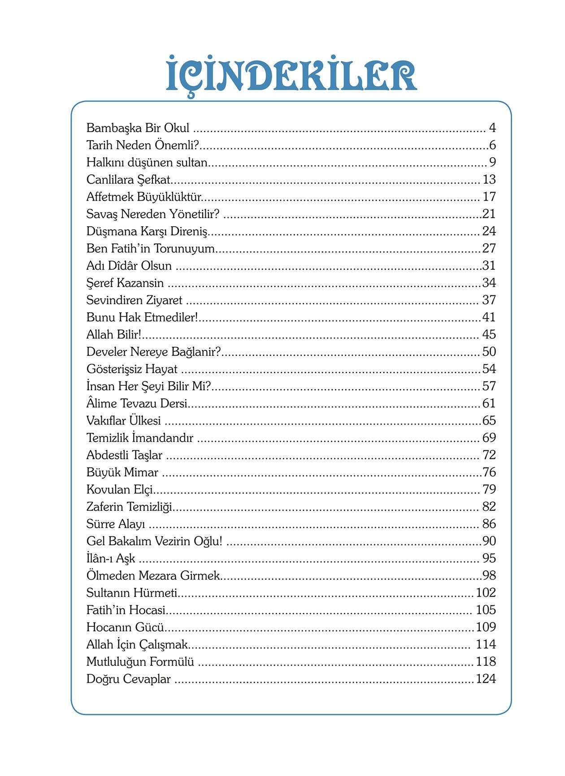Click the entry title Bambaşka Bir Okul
click(x=138, y=128)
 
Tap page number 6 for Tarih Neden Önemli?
click(x=492, y=145)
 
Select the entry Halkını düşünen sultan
click(x=147, y=162)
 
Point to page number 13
click(x=489, y=180)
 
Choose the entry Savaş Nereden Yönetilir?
click(x=153, y=214)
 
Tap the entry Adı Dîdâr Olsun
click(x=129, y=266)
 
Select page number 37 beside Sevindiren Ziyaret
click(x=489, y=300)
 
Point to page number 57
click(x=489, y=386)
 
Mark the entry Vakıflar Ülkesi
click(x=123, y=421)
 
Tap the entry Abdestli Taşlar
click(x=124, y=455)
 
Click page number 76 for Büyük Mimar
click(x=489, y=472)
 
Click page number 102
click(x=486, y=593)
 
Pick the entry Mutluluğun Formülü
click(x=140, y=662)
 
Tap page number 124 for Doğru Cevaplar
click(x=486, y=679)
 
